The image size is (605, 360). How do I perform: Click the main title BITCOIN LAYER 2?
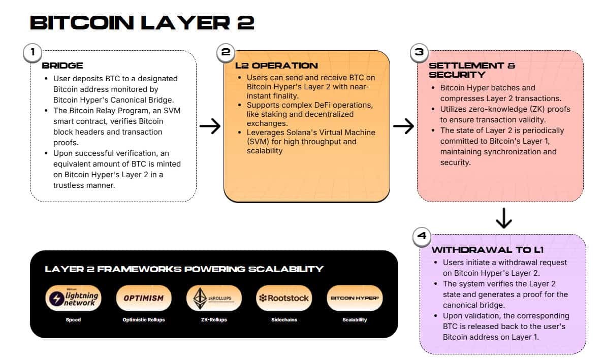pos(142,23)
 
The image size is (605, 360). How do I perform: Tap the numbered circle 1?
pos(33,52)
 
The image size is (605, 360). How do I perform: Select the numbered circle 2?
pos(226,52)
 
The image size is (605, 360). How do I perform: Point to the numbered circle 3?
pos(419,52)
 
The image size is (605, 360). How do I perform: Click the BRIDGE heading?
pos(62,66)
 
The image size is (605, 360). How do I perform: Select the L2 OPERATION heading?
pos(276,66)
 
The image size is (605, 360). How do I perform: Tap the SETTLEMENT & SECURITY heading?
pos(472,70)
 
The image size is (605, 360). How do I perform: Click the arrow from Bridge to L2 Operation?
pos(210,127)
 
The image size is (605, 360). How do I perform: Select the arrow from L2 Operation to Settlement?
pos(403,127)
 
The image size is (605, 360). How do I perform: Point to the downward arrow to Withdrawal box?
pos(503,218)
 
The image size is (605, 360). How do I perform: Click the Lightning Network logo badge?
pos(73,298)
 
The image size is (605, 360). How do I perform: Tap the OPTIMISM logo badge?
pos(144,298)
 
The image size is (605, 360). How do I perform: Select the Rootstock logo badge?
pos(283,298)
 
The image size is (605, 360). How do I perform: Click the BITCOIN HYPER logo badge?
pos(354,298)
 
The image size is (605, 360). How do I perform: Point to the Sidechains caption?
pos(283,320)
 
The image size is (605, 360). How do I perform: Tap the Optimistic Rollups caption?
pos(144,320)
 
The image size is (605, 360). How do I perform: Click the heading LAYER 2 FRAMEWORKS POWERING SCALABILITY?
pos(184,269)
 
